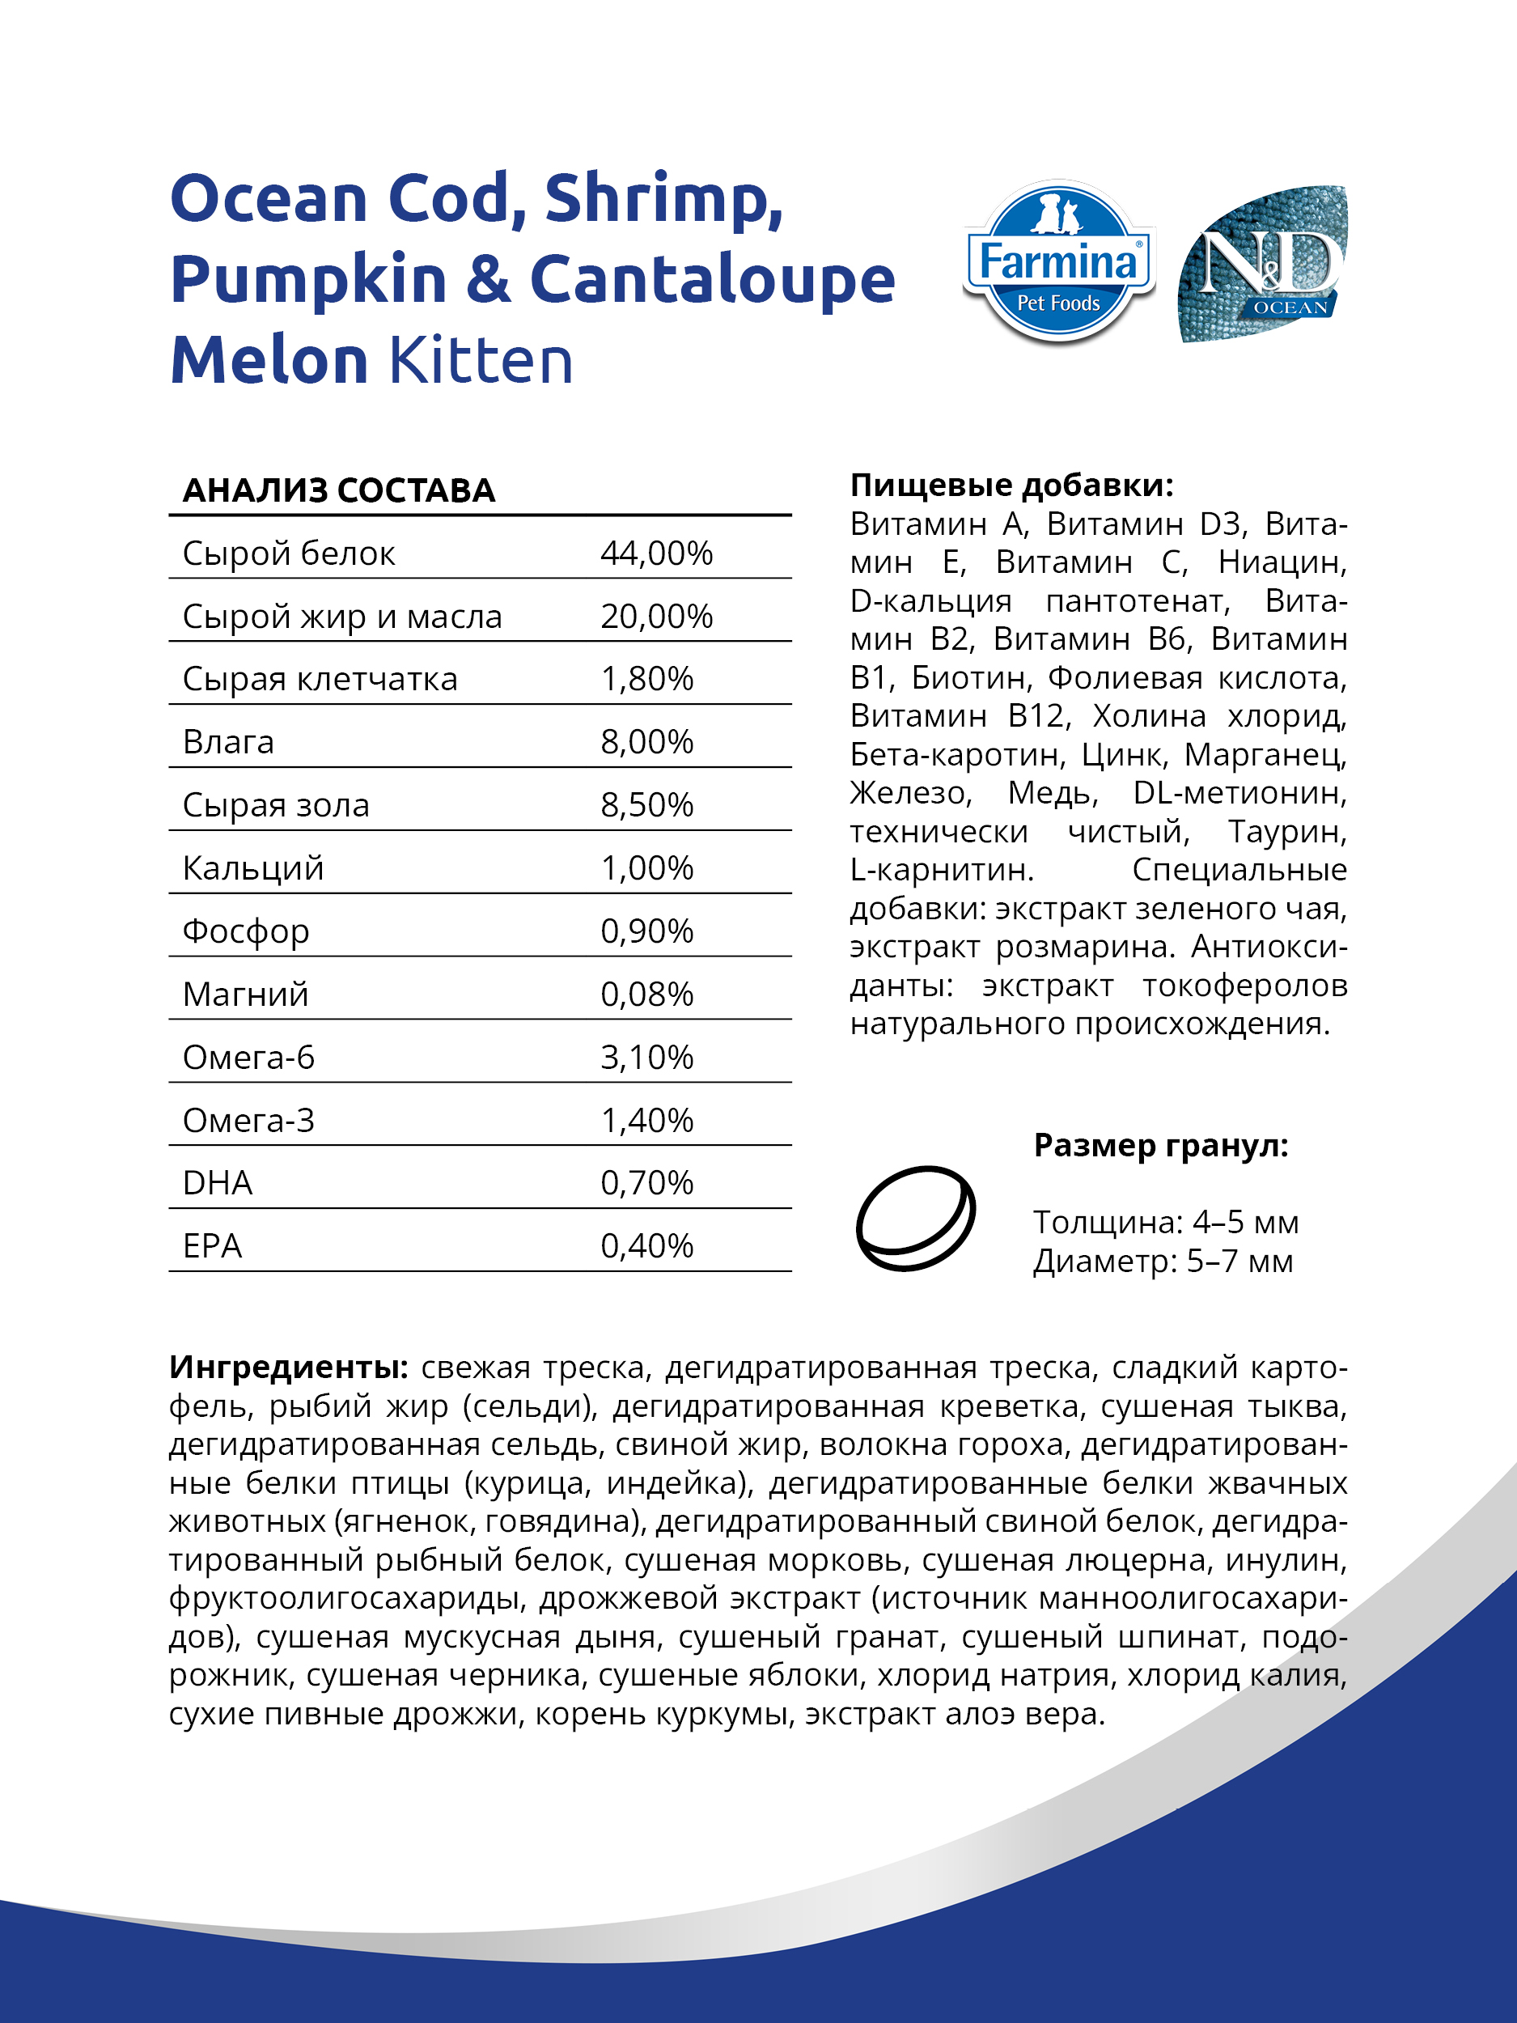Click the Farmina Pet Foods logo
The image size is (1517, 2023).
pyautogui.click(x=1058, y=263)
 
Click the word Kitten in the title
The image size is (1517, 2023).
pyautogui.click(x=481, y=360)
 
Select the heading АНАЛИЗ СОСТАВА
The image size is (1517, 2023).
pyautogui.click(x=338, y=491)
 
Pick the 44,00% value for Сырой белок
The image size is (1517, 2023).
pyautogui.click(x=655, y=553)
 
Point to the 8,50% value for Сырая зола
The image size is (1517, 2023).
pyautogui.click(x=646, y=805)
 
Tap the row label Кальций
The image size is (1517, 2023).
pyautogui.click(x=253, y=868)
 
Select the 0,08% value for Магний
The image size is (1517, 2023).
pyautogui.click(x=646, y=995)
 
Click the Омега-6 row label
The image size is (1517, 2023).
pyautogui.click(x=248, y=1058)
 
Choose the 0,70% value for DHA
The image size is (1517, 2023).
pyautogui.click(x=646, y=1183)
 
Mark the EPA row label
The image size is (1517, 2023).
pyautogui.click(x=212, y=1246)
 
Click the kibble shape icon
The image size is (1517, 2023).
pyautogui.click(x=915, y=1217)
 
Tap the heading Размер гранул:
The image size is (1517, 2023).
pyautogui.click(x=1160, y=1145)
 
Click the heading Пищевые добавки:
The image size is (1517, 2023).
pyautogui.click(x=1011, y=485)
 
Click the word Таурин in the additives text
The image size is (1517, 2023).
pyautogui.click(x=1286, y=831)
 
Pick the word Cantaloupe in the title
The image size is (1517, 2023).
pyautogui.click(x=712, y=280)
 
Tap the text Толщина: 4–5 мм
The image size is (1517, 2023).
pyautogui.click(x=1165, y=1222)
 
